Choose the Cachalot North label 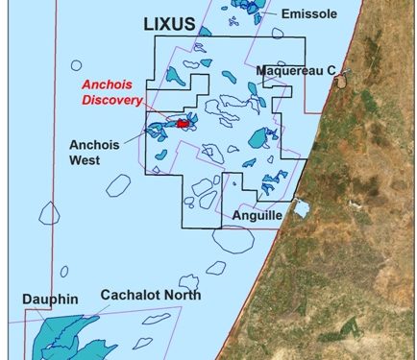(x=151, y=295)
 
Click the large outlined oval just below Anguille (x=232, y=241)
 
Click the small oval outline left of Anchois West (x=117, y=184)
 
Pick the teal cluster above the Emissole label (x=247, y=7)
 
